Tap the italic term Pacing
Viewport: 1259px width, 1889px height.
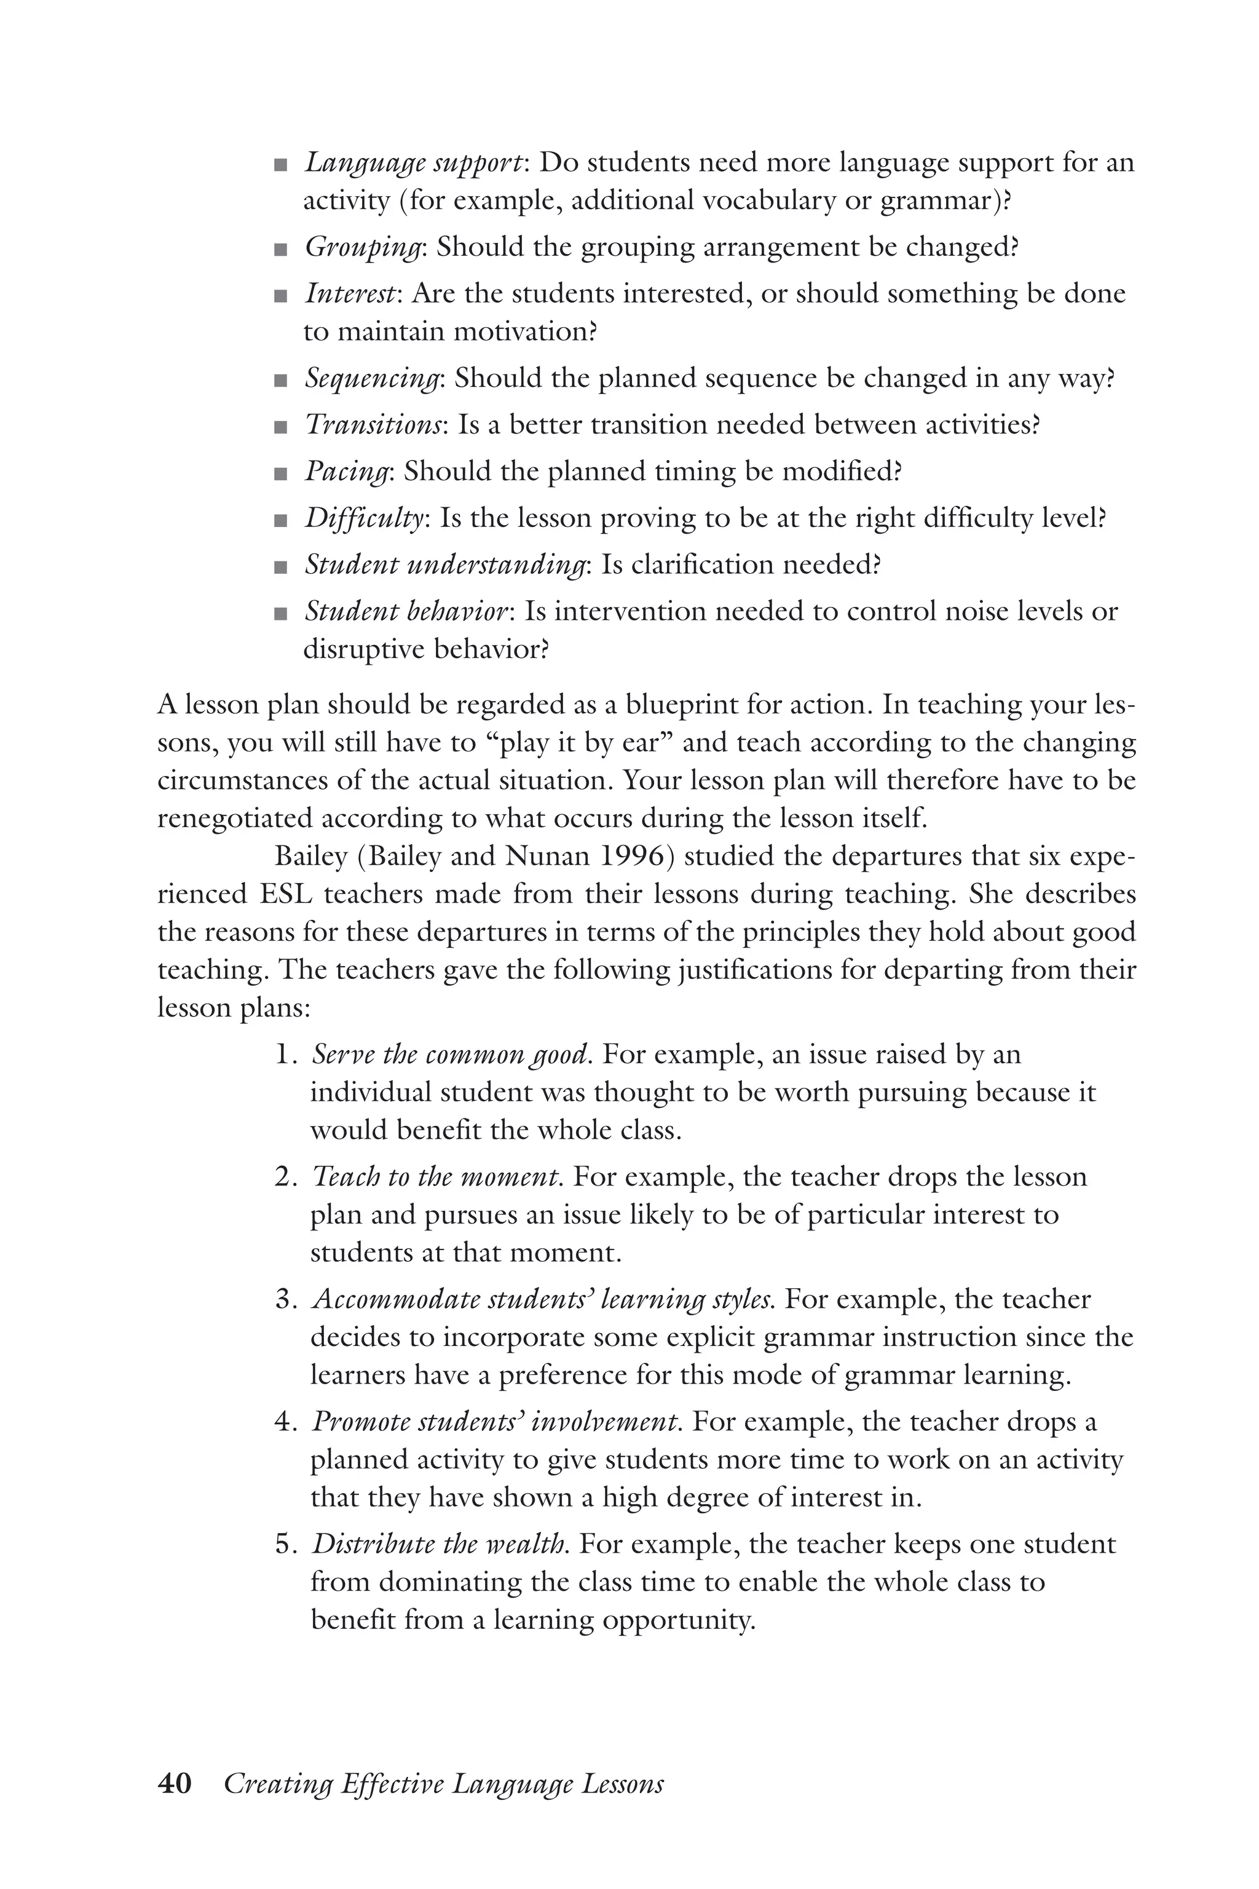346,472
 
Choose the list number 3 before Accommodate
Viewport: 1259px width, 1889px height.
283,1299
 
